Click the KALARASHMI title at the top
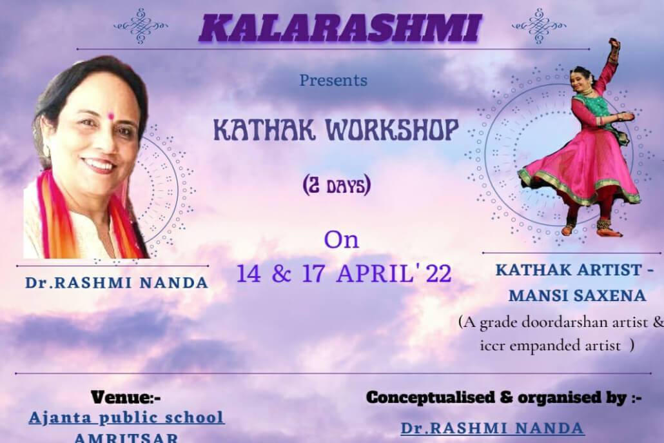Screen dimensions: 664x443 340,28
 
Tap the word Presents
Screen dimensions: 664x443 333,80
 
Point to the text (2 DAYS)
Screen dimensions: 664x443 337,185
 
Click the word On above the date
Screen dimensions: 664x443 341,240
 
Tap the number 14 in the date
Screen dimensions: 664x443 249,273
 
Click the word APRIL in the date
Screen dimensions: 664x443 375,273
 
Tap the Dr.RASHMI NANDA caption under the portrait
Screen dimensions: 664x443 117,282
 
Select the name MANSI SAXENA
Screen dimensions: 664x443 577,295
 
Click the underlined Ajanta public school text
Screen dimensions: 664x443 126,418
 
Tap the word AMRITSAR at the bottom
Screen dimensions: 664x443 126,437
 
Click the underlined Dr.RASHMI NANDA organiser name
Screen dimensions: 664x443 493,428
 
